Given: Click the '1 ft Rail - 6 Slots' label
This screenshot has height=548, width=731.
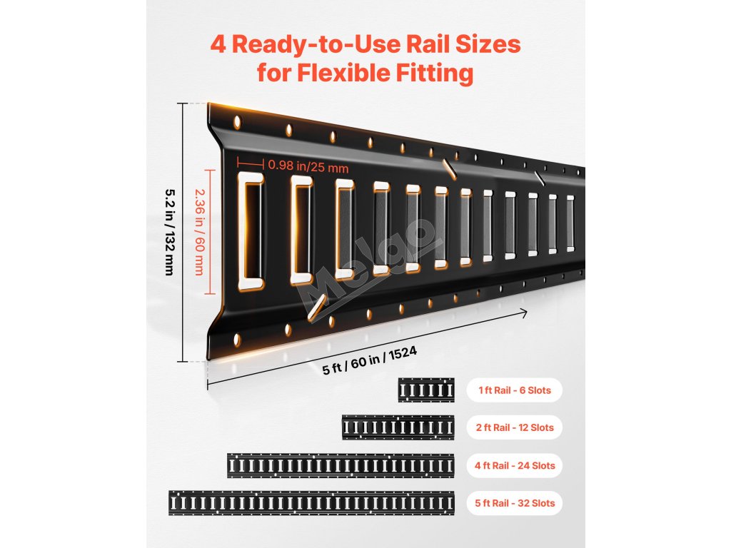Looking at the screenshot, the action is tap(515, 390).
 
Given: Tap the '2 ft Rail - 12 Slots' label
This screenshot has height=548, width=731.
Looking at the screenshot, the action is tap(515, 427).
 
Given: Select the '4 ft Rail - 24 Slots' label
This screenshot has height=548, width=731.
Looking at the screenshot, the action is tap(515, 465).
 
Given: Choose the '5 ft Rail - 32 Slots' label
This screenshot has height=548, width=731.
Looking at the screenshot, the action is tap(515, 503).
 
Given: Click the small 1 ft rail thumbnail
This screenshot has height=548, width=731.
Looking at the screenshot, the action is tap(426, 390).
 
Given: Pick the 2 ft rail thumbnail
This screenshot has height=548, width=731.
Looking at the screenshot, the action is tap(398, 427).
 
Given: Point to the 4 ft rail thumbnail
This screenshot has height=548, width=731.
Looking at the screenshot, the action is tap(341, 465).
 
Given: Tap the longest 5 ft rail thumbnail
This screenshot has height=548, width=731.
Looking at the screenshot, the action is tap(311, 503).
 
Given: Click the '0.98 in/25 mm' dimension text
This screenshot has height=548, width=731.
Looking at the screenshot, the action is tap(308, 166).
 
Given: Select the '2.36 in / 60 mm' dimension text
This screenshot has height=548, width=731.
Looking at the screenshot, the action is tap(200, 232).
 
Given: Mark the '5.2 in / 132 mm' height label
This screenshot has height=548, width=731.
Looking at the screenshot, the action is tap(170, 232).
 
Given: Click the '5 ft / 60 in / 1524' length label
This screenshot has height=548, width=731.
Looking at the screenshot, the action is tap(370, 360).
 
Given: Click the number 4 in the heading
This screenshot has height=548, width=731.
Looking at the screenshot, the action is tap(218, 45).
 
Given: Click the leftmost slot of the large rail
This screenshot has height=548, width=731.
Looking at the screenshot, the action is tap(251, 231).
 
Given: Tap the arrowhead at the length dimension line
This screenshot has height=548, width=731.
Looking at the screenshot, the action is tap(523, 314).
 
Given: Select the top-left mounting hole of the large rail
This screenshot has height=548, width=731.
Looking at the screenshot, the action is tap(237, 122).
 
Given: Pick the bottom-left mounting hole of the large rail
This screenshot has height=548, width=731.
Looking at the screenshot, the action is tap(237, 340).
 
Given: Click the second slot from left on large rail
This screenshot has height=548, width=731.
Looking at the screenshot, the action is tap(301, 230).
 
